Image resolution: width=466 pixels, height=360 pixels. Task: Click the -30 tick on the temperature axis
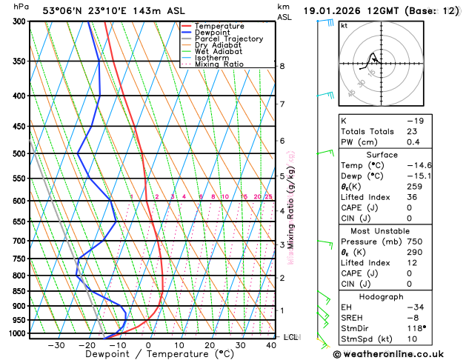point(56,345)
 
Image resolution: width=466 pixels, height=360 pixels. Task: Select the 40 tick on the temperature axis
point(271,345)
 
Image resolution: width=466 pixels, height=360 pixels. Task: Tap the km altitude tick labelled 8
point(282,66)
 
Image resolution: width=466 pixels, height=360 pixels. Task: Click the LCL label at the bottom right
point(291,337)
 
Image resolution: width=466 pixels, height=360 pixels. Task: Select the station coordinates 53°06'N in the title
point(61,11)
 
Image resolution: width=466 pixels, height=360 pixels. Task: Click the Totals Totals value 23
point(412,131)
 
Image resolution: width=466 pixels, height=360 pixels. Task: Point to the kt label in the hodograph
point(344,25)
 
